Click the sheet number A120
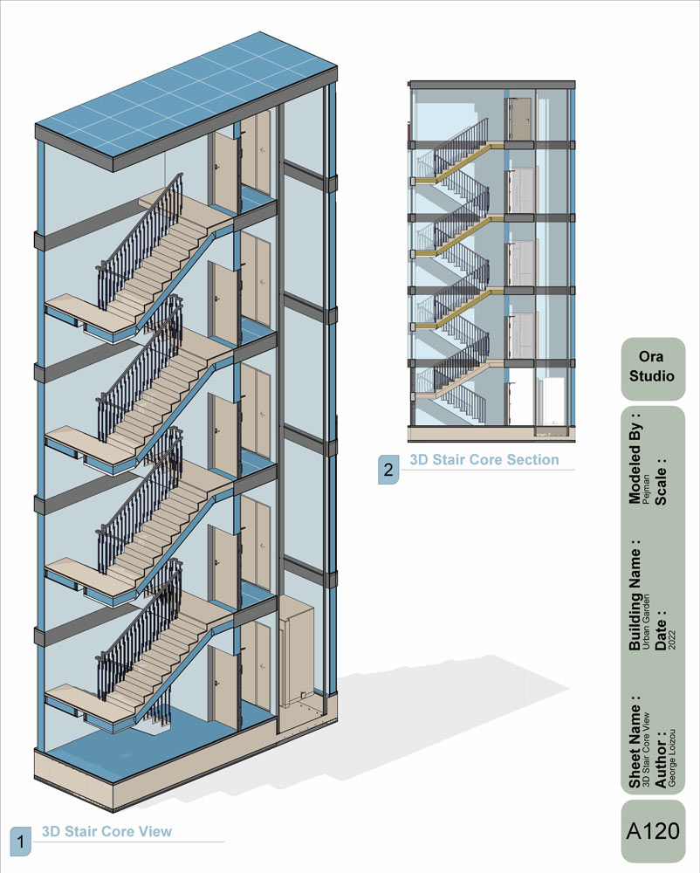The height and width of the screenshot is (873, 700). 653,831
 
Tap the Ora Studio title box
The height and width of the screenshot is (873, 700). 653,368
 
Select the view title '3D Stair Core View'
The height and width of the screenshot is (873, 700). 106,831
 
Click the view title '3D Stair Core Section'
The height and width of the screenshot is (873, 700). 484,459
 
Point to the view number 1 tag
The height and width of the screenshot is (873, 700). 21,842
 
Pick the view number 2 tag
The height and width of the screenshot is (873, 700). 388,470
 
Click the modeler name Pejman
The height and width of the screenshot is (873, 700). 646,490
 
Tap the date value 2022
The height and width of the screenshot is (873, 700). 671,640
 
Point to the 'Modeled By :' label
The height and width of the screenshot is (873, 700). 635,457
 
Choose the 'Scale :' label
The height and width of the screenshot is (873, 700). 661,482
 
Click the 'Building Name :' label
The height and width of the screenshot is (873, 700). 635,594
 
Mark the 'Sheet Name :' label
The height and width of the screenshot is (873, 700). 635,741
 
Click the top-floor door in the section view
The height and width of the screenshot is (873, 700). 520,119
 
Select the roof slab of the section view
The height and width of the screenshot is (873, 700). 492,85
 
